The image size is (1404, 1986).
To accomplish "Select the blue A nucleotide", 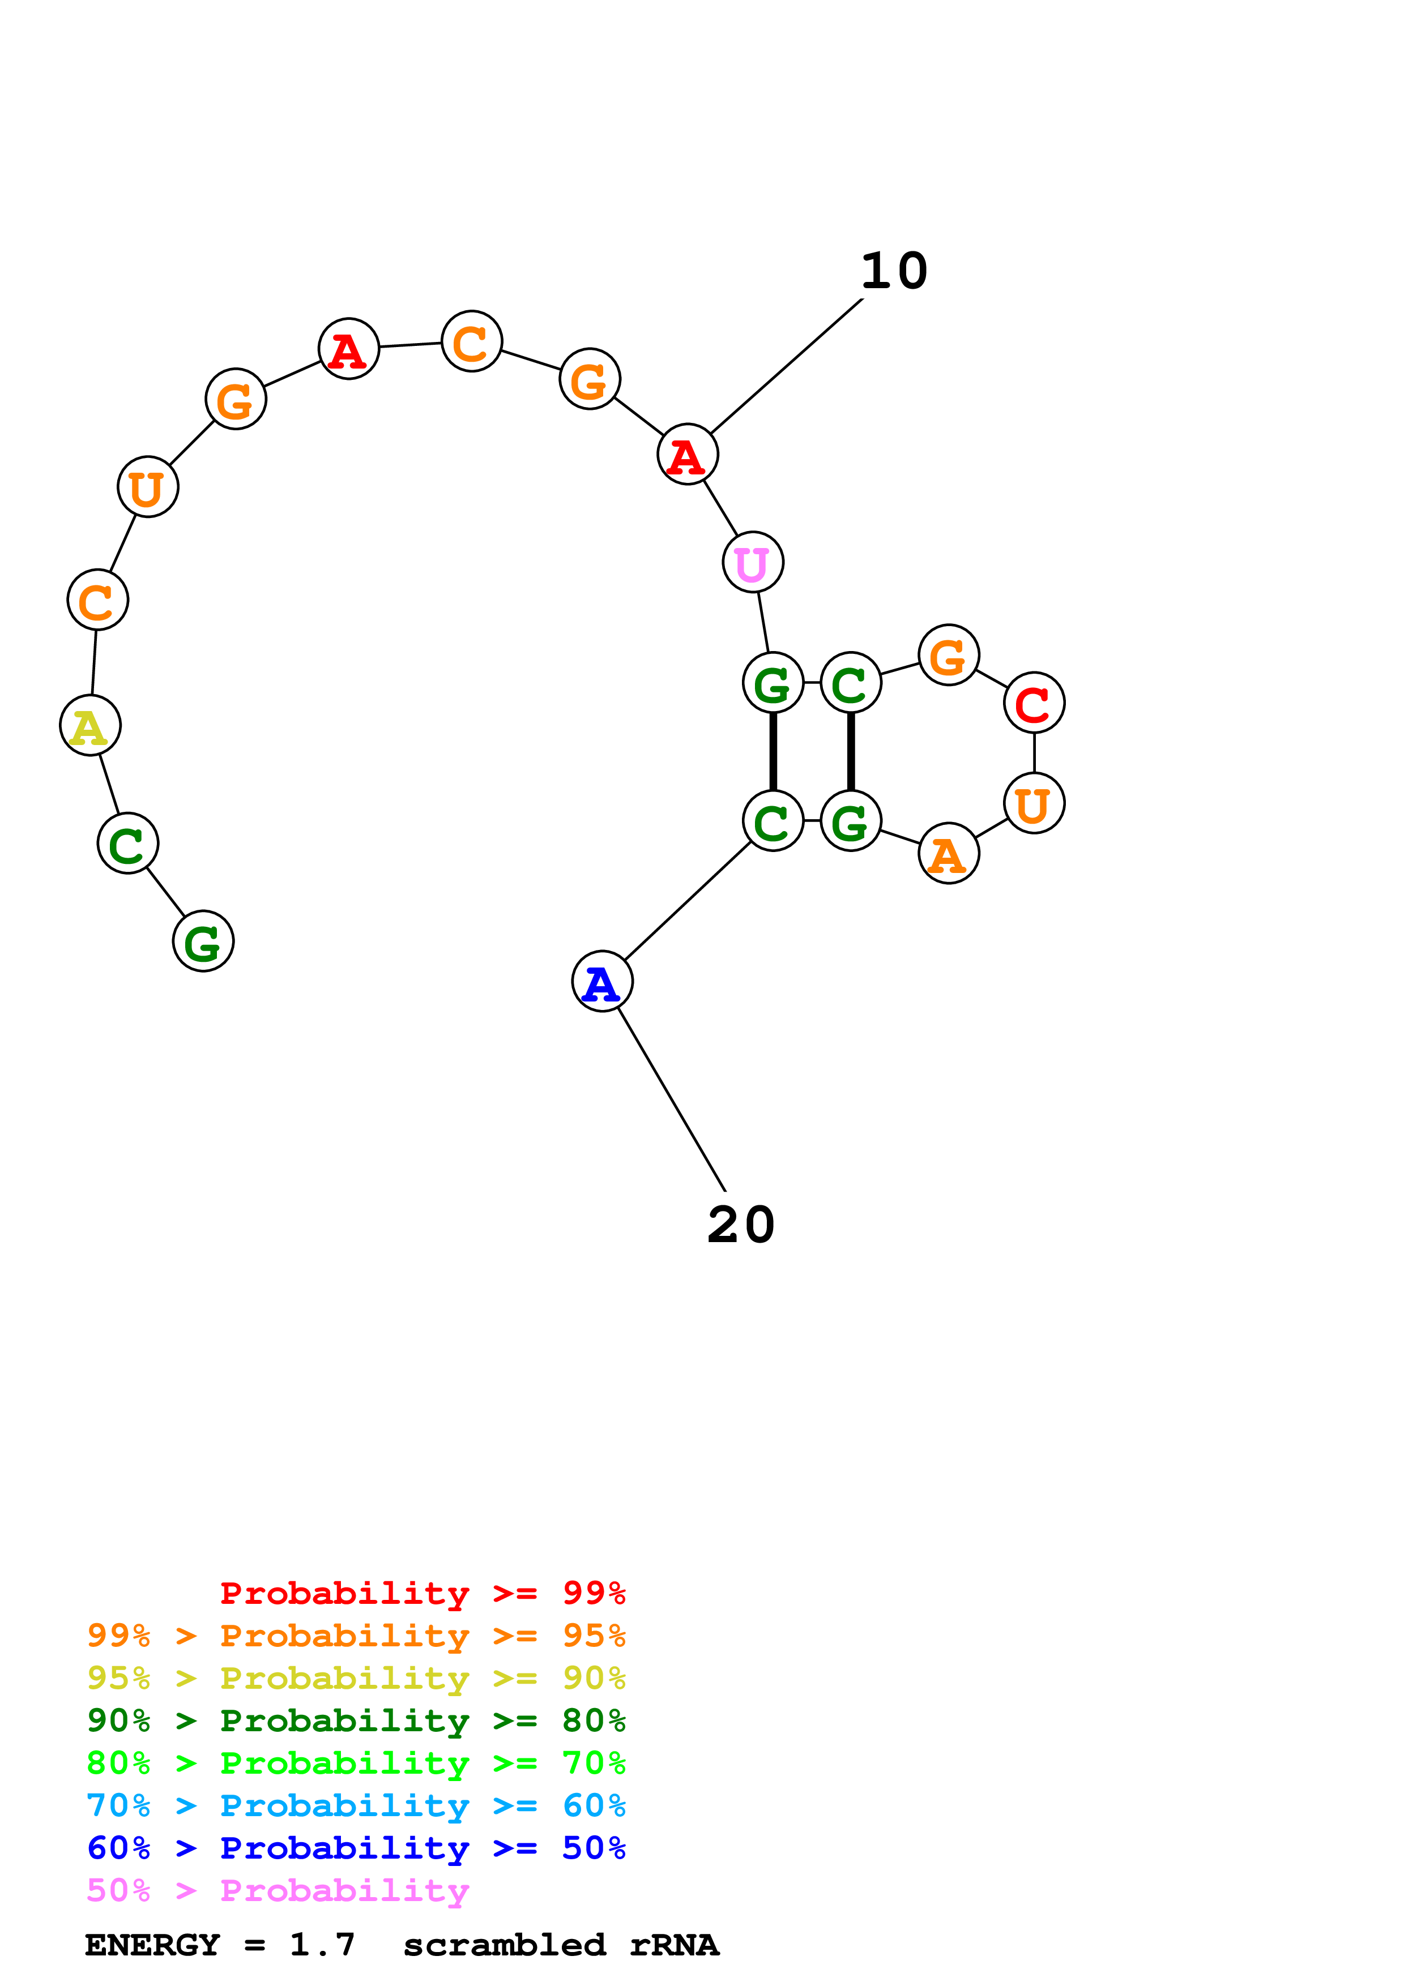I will point(602,981).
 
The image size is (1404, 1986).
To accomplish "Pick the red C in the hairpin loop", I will point(1034,703).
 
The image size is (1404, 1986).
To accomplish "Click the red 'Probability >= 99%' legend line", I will point(422,1593).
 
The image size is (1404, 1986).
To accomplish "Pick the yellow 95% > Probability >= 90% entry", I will point(356,1678).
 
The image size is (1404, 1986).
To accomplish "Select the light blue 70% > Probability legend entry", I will point(356,1806).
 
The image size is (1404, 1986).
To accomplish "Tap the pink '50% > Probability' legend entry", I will point(278,1891).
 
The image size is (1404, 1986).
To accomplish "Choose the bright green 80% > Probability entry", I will point(356,1763).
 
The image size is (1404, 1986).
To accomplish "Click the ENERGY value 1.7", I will point(322,1945).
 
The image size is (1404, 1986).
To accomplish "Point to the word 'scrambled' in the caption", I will point(504,1945).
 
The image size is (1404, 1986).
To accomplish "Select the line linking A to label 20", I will point(671,1098).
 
